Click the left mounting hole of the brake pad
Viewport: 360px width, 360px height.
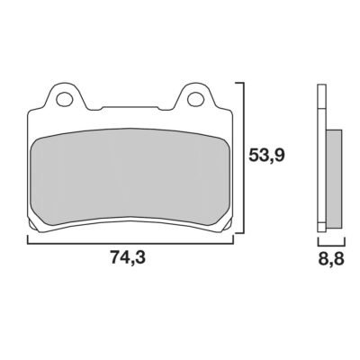coord(66,99)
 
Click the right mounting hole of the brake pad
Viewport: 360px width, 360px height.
coord(196,99)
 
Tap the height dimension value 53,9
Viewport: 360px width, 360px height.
coord(266,156)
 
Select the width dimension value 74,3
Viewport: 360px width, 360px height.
coord(128,257)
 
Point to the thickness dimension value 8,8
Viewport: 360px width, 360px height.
coord(331,257)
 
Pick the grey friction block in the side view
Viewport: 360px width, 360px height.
coord(334,178)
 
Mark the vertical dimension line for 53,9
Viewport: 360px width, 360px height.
coord(245,157)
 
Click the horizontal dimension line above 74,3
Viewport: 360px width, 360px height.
coord(130,244)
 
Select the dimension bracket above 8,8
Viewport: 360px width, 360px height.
coord(331,244)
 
